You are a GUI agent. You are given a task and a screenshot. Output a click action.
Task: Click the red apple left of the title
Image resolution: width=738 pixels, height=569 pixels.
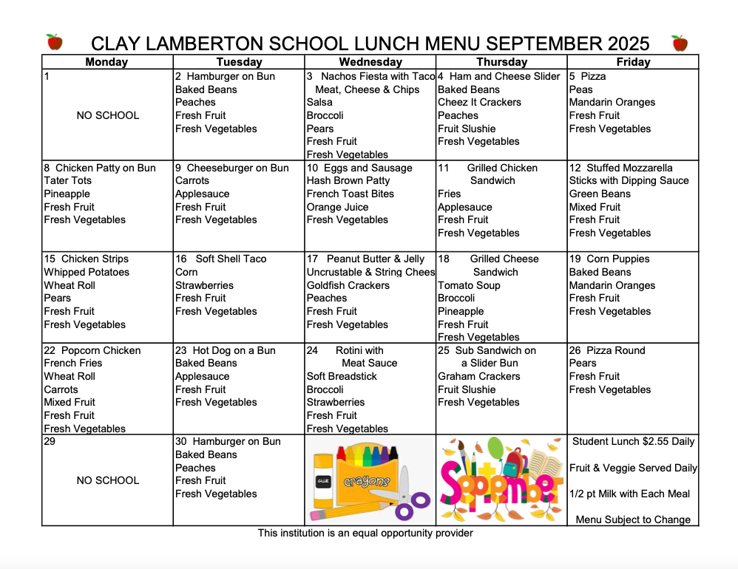point(54,42)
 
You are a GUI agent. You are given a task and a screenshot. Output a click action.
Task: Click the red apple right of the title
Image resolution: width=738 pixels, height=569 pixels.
point(680,43)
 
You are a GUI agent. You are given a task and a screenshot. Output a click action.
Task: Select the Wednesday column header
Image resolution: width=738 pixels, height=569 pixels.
point(370,62)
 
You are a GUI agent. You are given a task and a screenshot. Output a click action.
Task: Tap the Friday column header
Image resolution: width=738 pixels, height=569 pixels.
point(633,62)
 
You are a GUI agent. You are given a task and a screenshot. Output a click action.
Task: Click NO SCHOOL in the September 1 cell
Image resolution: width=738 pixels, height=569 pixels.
point(107,115)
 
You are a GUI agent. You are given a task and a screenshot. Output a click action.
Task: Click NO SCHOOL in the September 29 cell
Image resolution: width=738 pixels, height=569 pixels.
point(107,480)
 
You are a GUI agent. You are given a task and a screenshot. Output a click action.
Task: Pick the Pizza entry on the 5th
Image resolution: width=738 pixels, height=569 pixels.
point(593,76)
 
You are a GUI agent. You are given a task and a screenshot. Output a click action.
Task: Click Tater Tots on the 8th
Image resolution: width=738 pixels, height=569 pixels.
point(68,180)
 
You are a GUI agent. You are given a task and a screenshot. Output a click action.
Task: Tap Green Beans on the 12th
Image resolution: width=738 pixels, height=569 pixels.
point(600,194)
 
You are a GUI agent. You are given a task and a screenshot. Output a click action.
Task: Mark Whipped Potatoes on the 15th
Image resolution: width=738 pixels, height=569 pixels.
point(87,272)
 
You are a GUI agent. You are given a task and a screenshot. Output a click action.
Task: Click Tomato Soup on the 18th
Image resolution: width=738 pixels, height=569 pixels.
point(469,285)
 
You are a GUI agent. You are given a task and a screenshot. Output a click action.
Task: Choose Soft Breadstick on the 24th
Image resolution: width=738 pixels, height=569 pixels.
point(342,376)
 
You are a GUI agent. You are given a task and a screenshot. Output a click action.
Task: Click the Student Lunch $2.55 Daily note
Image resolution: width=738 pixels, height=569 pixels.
point(634,441)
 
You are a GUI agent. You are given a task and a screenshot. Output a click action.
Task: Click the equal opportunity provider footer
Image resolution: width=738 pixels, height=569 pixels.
point(365,533)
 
